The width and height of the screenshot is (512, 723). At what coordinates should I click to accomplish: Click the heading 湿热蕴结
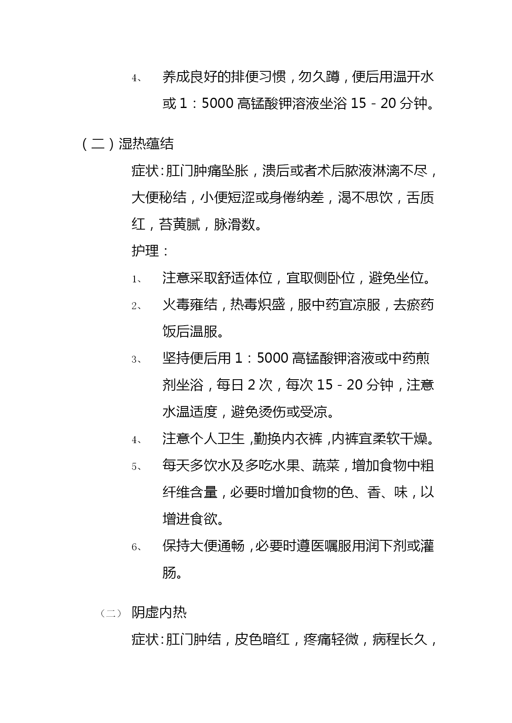click(x=146, y=144)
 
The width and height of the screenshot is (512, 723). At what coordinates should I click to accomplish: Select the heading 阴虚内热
click(x=159, y=613)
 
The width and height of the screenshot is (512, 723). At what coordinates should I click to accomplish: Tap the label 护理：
click(x=150, y=251)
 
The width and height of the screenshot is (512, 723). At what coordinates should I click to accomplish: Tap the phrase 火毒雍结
click(x=189, y=305)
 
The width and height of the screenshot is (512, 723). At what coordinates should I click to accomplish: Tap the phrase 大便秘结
click(x=159, y=198)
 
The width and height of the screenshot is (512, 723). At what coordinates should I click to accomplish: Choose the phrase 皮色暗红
click(x=262, y=639)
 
